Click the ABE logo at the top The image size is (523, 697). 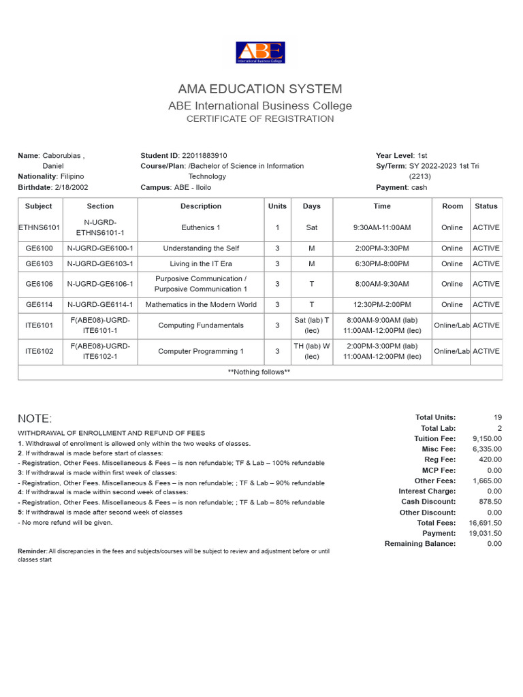click(260, 52)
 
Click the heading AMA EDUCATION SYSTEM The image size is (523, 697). click(260, 89)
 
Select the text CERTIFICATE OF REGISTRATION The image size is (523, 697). click(260, 118)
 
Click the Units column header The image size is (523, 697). click(277, 206)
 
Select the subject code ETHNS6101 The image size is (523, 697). click(39, 228)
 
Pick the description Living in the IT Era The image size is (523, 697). click(201, 263)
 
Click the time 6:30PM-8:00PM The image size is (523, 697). click(382, 263)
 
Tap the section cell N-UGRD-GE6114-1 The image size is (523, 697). click(100, 305)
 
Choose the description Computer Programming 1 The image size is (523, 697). click(201, 351)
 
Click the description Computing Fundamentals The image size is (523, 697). click(201, 325)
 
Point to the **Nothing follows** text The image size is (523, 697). click(259, 372)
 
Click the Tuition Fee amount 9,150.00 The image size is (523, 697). click(487, 439)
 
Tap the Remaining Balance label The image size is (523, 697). click(420, 544)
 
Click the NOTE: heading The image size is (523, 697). click(35, 419)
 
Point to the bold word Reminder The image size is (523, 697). click(31, 551)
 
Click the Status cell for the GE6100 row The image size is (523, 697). click(486, 248)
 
